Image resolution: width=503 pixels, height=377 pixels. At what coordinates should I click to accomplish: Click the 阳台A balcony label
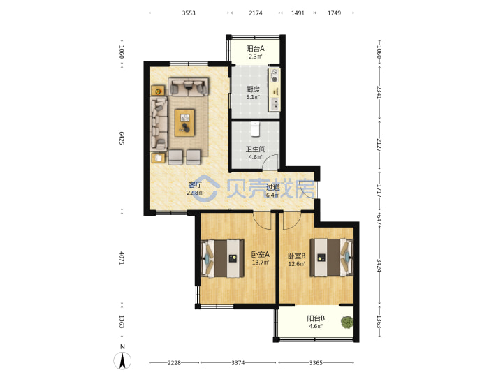255,49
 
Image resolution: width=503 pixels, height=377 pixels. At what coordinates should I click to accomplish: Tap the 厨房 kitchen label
253,89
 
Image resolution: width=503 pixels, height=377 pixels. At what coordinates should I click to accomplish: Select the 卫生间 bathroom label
256,149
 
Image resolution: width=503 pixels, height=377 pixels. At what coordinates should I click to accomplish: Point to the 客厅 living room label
195,185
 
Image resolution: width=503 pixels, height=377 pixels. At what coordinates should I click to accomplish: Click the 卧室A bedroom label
260,255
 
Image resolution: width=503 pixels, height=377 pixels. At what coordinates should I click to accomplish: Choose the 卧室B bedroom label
296,256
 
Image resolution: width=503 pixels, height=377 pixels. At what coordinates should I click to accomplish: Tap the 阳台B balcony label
316,318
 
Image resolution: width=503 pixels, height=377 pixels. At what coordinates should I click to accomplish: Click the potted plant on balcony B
347,322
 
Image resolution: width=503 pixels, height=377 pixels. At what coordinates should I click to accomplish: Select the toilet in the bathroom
255,129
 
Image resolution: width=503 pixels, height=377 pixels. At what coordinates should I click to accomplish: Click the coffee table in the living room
184,123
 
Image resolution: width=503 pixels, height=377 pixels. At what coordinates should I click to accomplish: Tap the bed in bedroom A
222,258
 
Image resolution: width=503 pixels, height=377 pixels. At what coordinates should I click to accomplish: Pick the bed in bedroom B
331,257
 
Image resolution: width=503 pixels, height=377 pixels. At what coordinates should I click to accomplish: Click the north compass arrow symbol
122,360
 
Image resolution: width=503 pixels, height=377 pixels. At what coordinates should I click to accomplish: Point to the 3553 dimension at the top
189,13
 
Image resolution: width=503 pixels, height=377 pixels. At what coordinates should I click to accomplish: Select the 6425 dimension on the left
122,138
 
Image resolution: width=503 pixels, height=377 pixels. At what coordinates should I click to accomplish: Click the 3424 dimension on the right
379,265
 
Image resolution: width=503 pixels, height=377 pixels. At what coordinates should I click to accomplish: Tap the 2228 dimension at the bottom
174,363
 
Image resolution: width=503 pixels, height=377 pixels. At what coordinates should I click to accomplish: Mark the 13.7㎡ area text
260,263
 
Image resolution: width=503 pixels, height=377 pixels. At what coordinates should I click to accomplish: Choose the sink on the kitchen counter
275,104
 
